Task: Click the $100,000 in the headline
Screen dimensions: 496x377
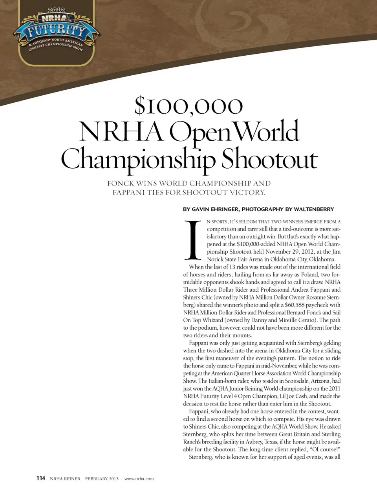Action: click(188, 106)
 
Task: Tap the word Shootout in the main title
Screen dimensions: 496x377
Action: click(269, 159)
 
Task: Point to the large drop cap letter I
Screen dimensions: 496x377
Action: click(193, 240)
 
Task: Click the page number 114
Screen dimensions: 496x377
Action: click(41, 478)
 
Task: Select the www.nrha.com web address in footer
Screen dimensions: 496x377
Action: click(139, 479)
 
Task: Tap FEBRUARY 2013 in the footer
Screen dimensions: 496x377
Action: click(102, 479)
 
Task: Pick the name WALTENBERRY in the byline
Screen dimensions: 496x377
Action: click(314, 209)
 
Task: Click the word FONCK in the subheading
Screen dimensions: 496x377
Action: click(121, 184)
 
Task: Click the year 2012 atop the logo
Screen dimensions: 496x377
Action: click(56, 10)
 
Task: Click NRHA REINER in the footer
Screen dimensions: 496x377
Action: click(65, 479)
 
